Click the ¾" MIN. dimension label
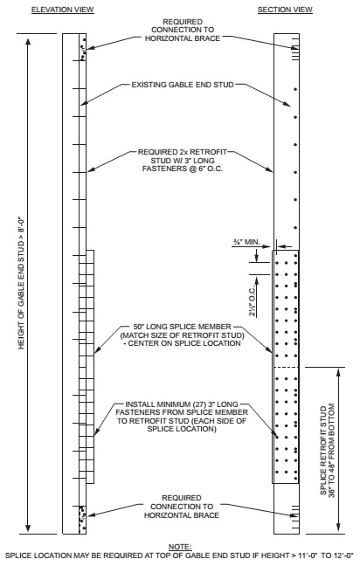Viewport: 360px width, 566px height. (x=240, y=239)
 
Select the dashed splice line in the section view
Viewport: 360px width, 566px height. (x=287, y=368)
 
